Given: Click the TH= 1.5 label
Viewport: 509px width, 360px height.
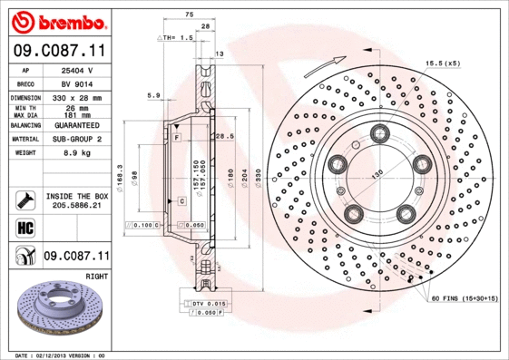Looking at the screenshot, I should click(x=177, y=38).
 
